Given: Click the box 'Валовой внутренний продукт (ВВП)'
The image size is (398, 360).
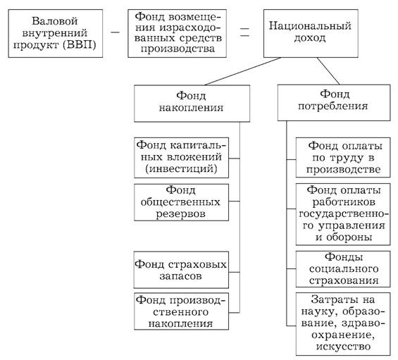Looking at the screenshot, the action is (56, 34).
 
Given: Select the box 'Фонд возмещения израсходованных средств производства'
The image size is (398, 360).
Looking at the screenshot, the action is (178, 34).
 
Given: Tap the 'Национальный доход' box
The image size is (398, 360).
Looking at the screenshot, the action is (311, 34).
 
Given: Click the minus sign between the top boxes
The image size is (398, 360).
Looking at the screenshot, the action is (115, 32).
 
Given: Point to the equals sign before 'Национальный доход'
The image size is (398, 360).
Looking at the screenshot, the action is (244, 32).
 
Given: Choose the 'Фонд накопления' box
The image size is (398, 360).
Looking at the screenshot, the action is (192, 104).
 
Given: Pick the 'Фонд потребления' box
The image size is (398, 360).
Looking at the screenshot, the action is (334, 103).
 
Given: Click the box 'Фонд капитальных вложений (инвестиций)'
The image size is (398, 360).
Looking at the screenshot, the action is (181, 158).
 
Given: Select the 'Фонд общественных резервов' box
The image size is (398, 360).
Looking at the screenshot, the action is (181, 202).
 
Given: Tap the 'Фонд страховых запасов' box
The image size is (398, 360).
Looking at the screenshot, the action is (181, 270).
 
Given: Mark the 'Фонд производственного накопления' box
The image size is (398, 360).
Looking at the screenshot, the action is (181, 311).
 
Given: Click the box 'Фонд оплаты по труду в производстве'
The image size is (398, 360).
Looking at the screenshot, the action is (343, 158).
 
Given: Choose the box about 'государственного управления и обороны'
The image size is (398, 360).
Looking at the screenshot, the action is (343, 214).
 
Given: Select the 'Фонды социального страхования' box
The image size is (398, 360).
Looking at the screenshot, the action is (343, 269).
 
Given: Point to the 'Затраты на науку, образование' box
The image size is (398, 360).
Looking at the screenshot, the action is (343, 324).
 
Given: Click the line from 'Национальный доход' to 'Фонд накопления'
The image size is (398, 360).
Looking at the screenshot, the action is (242, 71).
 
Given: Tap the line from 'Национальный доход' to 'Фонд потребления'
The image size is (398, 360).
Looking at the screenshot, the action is (328, 71).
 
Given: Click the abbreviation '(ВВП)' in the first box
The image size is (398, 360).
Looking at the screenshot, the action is (80, 45).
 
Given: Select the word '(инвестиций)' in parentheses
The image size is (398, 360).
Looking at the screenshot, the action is (181, 168).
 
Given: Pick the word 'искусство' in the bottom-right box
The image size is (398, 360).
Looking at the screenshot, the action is (343, 347).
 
